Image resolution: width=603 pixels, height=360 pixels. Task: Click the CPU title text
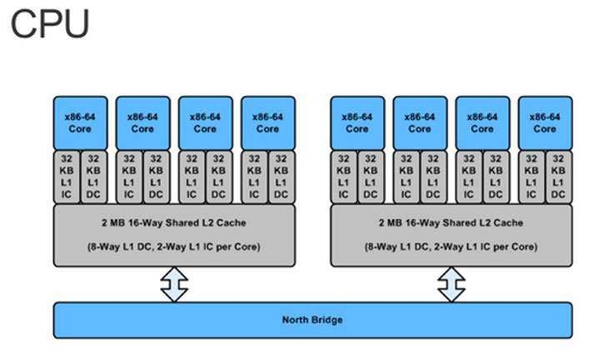click(50, 25)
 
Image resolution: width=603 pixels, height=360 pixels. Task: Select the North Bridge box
click(312, 320)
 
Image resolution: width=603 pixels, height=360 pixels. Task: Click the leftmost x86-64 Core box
click(80, 122)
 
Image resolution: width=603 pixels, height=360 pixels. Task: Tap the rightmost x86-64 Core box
click(545, 122)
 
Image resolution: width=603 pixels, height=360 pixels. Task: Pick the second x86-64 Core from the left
click(142, 122)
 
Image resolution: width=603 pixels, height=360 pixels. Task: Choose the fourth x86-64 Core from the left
click(267, 122)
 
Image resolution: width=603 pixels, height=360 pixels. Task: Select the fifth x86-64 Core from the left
click(357, 122)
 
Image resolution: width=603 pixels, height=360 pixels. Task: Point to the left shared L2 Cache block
click(174, 235)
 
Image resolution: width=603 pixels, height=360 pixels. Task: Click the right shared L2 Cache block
click(451, 235)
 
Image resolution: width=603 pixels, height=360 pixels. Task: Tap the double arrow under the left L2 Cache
click(174, 284)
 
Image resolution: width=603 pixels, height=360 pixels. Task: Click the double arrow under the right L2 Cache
click(451, 284)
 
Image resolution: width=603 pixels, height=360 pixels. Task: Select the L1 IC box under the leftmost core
click(67, 177)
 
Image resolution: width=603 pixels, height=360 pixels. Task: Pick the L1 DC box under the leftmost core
click(93, 177)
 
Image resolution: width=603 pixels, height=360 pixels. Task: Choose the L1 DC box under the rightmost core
click(558, 177)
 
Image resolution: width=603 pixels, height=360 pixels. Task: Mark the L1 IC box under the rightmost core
click(532, 177)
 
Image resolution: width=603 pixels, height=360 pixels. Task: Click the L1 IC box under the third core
click(192, 177)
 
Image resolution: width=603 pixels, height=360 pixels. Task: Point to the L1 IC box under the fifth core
click(344, 177)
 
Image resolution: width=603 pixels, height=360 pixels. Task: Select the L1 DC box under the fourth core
click(281, 177)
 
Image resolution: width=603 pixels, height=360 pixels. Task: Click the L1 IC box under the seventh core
click(470, 177)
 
